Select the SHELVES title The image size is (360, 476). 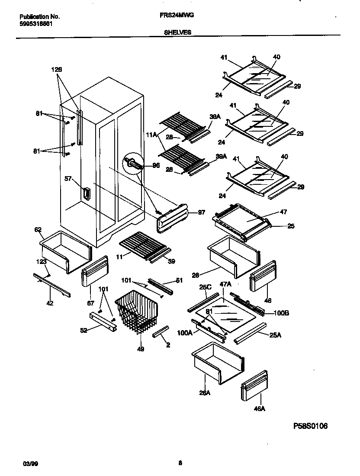coord(177,32)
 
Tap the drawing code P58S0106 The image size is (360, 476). coord(310,426)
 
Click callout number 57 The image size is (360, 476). coord(68,179)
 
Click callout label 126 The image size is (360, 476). coord(57,69)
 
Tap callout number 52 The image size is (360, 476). coord(84,330)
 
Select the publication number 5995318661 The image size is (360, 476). coord(36,24)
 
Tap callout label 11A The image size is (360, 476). coord(152,135)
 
